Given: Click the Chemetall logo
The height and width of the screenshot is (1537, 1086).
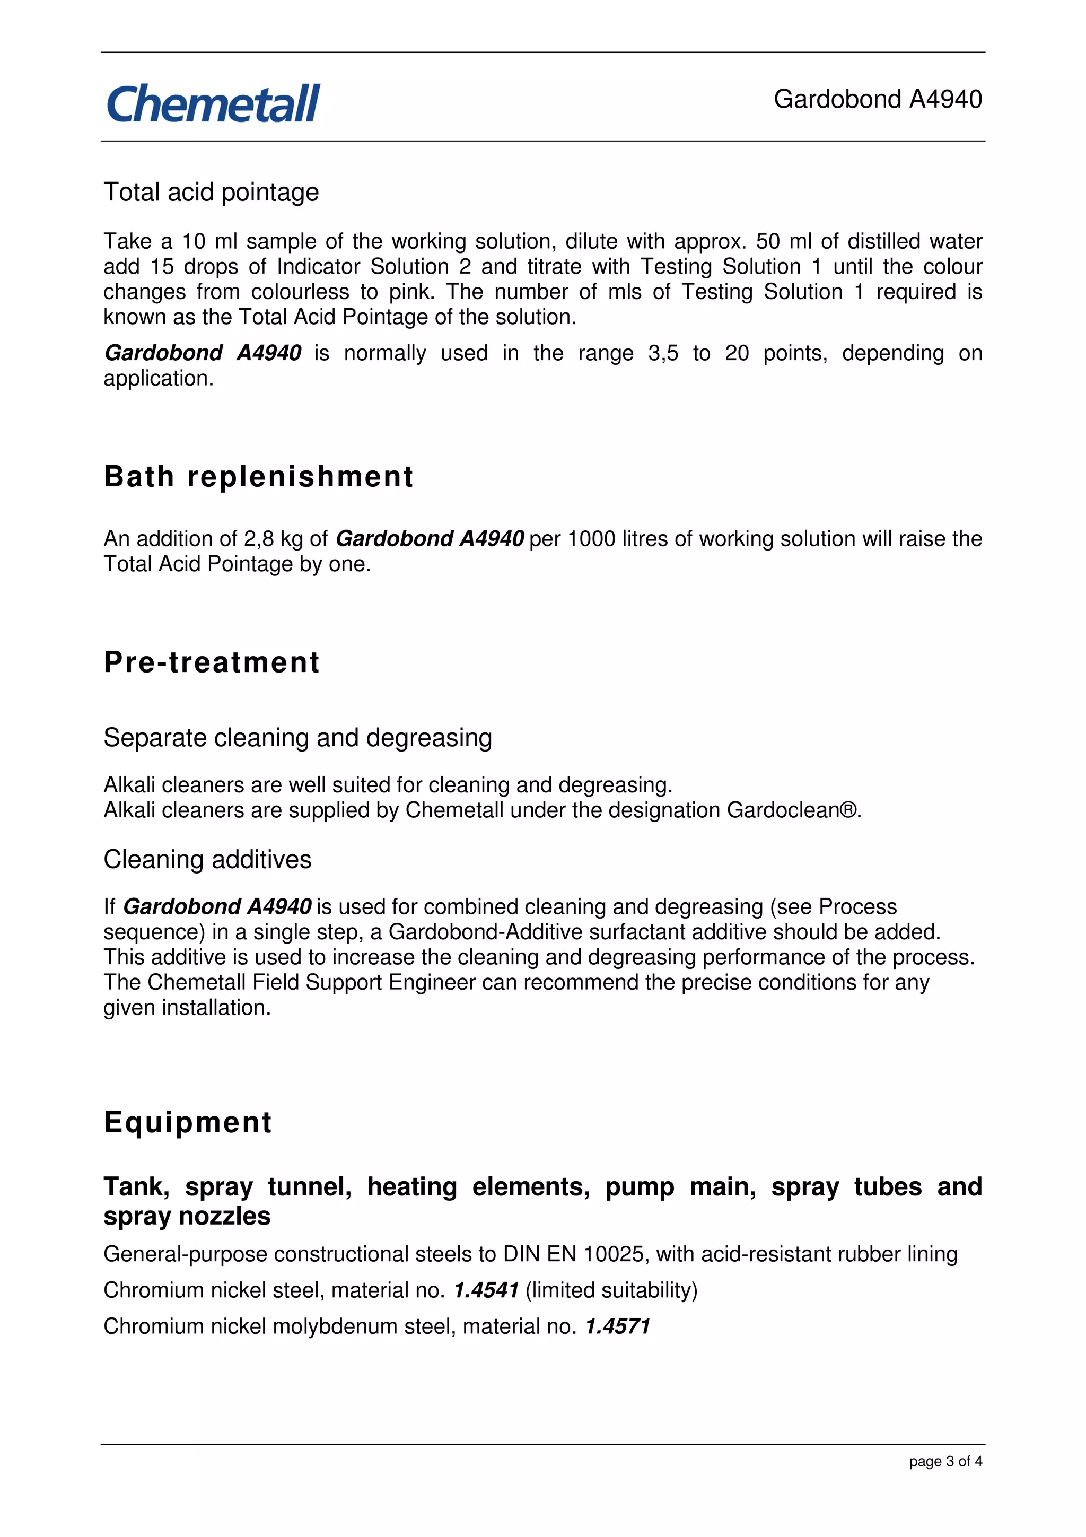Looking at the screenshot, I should (x=213, y=104).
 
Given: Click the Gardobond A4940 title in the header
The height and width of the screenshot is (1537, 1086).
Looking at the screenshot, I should (x=877, y=99).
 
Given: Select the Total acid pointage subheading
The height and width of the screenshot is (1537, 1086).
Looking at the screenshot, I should (x=211, y=192).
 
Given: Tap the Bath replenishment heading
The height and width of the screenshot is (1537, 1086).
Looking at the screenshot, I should (x=258, y=477).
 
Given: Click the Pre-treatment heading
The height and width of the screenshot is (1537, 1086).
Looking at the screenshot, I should (x=212, y=662).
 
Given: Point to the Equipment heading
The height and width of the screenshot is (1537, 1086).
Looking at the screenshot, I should (x=187, y=1122).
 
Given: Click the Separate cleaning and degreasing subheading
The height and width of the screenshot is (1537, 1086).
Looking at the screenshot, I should (x=298, y=737).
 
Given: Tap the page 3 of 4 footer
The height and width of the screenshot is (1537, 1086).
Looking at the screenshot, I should (x=945, y=1461).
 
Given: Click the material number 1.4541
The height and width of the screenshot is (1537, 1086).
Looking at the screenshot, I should (x=486, y=1290).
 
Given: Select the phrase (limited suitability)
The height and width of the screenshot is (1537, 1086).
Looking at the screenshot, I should (x=611, y=1290).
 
